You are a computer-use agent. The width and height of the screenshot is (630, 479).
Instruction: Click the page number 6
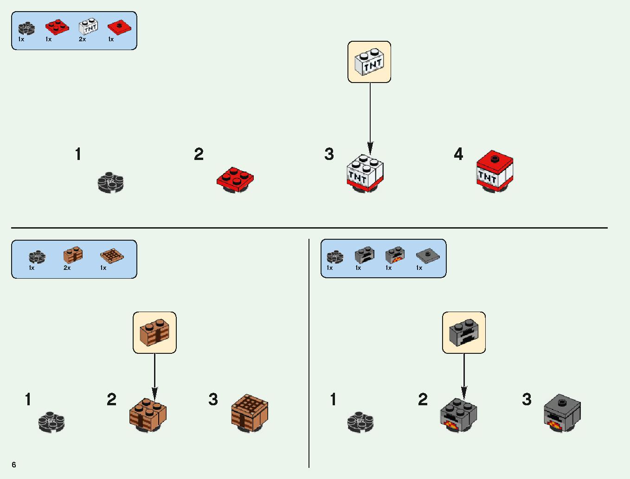tap(14, 464)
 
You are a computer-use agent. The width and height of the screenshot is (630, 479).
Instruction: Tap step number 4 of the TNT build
tap(458, 154)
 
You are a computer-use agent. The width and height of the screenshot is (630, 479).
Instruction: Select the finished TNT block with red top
tap(495, 171)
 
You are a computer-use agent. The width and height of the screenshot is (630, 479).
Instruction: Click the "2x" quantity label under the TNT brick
tap(82, 39)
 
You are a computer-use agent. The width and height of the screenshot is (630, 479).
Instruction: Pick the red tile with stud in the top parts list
tap(119, 26)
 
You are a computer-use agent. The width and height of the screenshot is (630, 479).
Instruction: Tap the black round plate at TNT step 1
tap(110, 182)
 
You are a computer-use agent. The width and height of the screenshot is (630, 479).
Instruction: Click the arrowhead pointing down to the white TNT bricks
tap(370, 148)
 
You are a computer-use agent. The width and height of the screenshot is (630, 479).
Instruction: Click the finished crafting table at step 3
tap(250, 413)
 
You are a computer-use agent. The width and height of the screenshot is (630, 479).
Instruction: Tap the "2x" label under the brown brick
tap(67, 268)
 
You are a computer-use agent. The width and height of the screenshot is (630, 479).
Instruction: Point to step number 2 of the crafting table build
tap(111, 399)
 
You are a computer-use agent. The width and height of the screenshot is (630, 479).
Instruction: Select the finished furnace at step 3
tap(562, 413)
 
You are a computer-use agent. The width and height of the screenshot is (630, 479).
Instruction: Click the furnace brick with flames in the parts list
tap(395, 255)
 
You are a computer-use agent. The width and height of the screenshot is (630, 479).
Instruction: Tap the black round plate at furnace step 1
tap(360, 422)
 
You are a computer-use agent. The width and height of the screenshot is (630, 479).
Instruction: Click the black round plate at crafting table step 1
tap(51, 422)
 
